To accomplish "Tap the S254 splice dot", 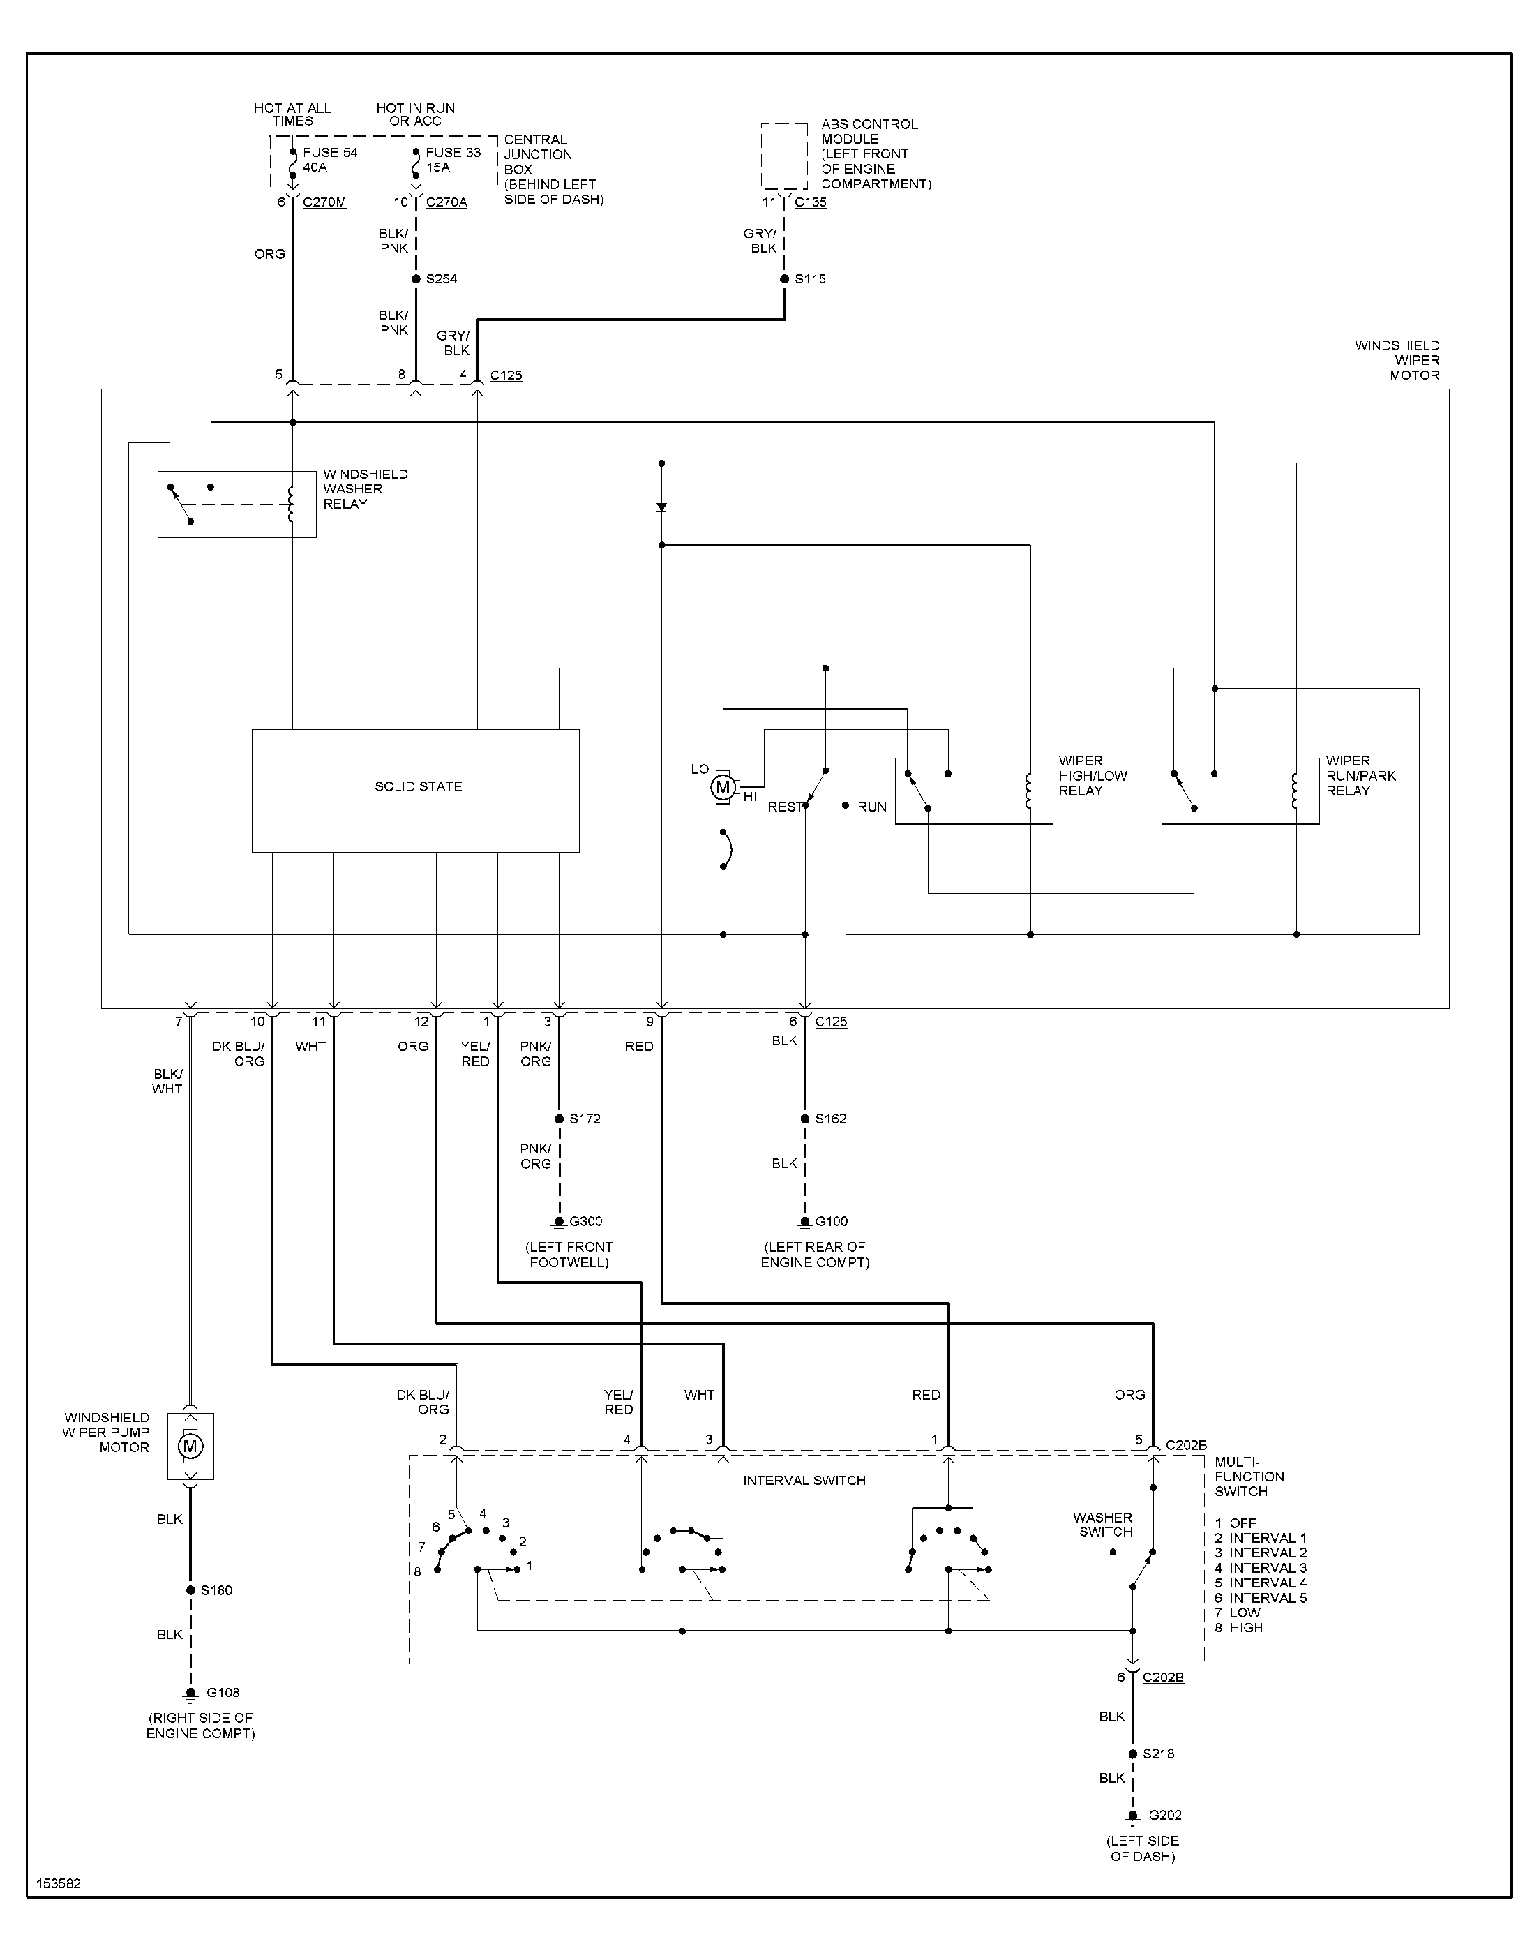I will pos(416,279).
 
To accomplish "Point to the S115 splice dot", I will pos(785,279).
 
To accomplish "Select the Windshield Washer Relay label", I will pos(365,489).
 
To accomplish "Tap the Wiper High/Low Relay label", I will pos(1092,776).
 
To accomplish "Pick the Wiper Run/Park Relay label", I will pos(1360,776).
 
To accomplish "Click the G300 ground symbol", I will pos(560,1222).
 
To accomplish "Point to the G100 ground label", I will pos(831,1222).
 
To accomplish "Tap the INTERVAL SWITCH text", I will pos(804,1481).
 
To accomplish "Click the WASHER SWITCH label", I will pos(1103,1525).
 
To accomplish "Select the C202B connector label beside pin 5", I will pos(1186,1445).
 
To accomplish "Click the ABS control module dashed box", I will pos(784,156).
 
